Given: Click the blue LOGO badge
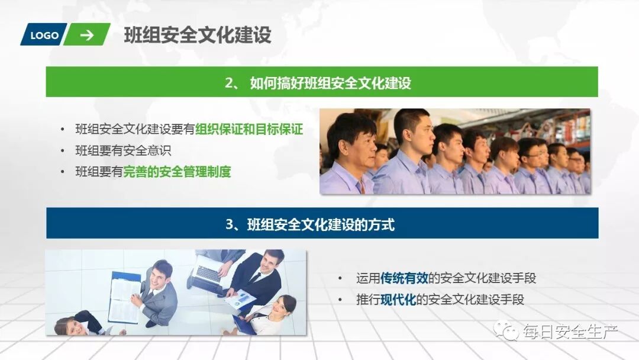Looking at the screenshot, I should [44, 36].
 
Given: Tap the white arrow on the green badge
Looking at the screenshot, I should [87, 35].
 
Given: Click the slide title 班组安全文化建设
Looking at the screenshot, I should [198, 35].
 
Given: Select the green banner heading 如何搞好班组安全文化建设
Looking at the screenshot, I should [330, 83].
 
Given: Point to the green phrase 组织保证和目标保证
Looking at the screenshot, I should [249, 129].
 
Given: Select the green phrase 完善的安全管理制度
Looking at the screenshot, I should [177, 172].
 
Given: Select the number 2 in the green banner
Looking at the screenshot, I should [229, 83].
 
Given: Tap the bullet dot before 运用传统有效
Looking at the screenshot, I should [340, 278].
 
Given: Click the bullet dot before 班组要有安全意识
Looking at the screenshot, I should [63, 151].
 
